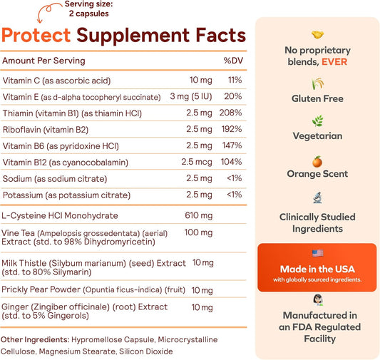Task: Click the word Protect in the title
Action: coord(36,36)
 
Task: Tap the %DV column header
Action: coord(233,61)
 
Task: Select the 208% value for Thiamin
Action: coord(230,113)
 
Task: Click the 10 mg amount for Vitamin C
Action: coord(200,80)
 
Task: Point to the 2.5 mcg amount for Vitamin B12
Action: coord(197,162)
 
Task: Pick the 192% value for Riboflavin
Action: coord(232,129)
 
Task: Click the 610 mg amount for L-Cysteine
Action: coord(198,215)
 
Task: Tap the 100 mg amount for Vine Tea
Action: coord(198,232)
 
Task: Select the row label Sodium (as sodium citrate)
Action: coord(55,179)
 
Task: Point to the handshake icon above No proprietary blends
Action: coord(317,35)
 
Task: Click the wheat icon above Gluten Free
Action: coord(317,83)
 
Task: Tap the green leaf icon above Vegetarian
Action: coord(317,120)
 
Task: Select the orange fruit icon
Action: coord(317,161)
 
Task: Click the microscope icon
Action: coord(317,197)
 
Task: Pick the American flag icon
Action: coord(317,253)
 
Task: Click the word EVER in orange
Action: coord(334,62)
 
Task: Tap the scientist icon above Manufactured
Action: coord(318,300)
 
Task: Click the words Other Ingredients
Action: coord(35,339)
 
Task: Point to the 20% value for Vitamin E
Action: coord(232,96)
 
